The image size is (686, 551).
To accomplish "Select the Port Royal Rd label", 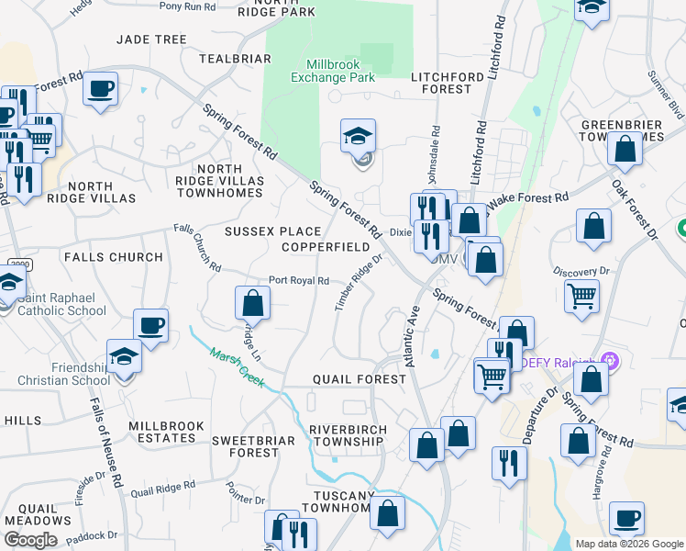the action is click(x=298, y=281).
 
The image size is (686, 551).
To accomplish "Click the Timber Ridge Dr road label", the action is click(x=358, y=282).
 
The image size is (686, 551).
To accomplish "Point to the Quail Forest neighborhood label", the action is click(x=359, y=379).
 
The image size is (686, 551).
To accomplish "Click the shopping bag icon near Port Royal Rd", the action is click(x=252, y=302).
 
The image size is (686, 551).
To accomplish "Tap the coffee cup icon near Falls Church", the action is click(x=151, y=324).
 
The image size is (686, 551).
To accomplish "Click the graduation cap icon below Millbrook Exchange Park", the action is click(x=358, y=138).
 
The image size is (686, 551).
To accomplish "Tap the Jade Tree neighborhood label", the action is click(x=152, y=39).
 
